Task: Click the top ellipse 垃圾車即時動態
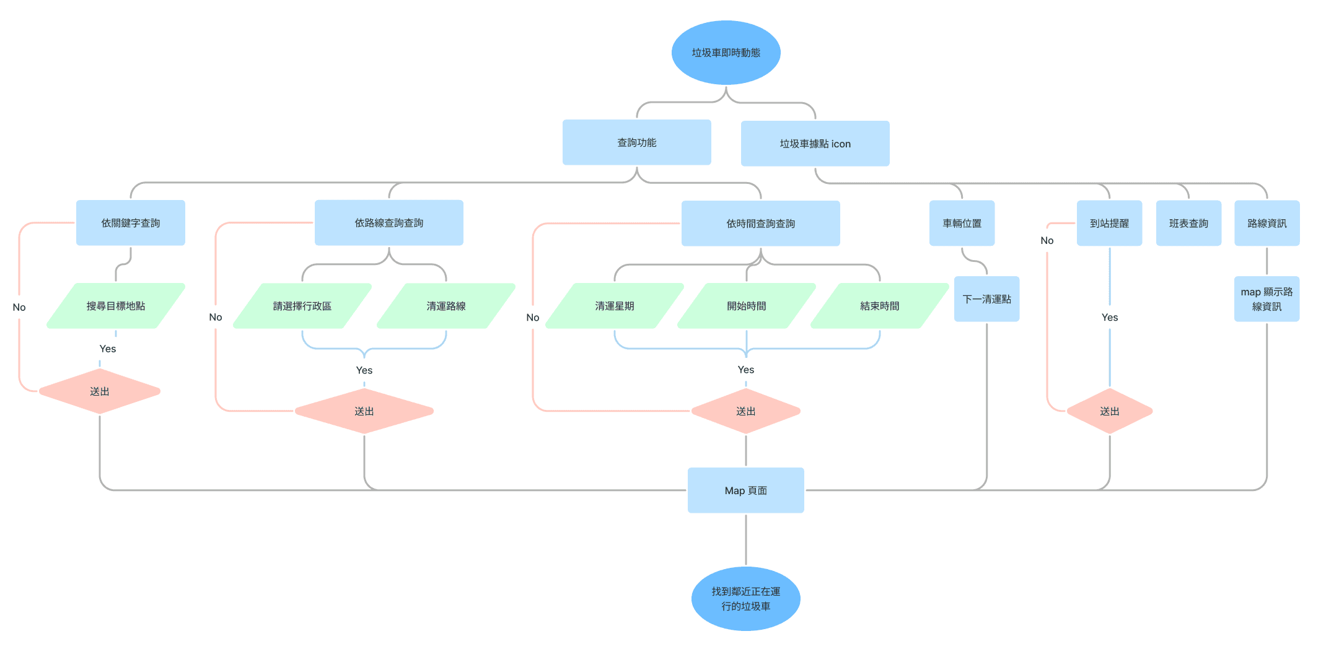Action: coord(726,53)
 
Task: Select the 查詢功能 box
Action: coord(636,142)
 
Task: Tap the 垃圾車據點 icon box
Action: coord(815,144)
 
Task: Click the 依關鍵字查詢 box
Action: coord(130,223)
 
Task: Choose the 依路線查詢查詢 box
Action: coord(389,223)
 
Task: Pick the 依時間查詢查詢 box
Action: coord(760,224)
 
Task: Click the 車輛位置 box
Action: coord(962,224)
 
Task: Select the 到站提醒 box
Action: coord(1109,224)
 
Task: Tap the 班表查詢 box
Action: coord(1188,224)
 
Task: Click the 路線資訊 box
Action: coord(1267,224)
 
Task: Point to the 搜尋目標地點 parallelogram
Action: coord(116,306)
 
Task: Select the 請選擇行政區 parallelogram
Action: coord(302,306)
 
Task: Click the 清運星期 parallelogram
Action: coord(615,306)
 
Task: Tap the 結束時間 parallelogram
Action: coord(879,306)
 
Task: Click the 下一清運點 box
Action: coord(986,299)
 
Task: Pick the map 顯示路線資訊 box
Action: coord(1267,299)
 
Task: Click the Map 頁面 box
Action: coord(745,490)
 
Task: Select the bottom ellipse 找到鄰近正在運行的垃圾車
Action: coord(745,599)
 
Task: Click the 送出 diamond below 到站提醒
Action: coord(1109,411)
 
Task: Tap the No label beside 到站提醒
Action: coord(1047,240)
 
